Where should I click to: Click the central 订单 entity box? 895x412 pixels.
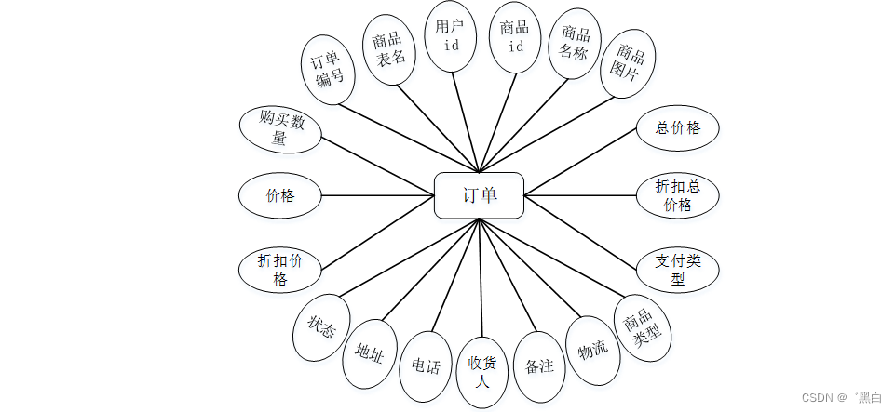click(x=479, y=195)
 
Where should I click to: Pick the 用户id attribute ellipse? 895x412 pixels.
click(x=450, y=36)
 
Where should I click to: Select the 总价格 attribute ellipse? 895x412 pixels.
click(x=678, y=127)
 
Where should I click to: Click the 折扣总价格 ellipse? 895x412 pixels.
click(x=678, y=195)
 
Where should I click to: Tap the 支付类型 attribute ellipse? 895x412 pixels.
click(x=678, y=270)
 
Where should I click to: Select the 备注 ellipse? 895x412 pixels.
click(x=540, y=365)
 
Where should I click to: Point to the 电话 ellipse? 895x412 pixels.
click(x=426, y=365)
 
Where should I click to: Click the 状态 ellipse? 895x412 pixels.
click(x=321, y=327)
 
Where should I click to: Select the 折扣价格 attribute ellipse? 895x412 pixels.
click(x=280, y=270)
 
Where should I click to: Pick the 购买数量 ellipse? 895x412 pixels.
click(x=280, y=130)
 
